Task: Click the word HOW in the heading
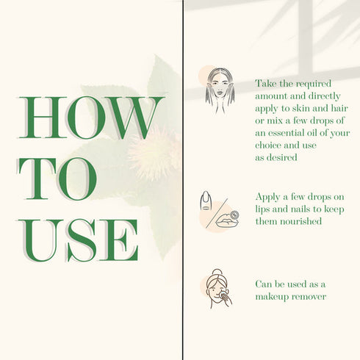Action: [x=90, y=118]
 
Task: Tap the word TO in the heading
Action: [x=57, y=179]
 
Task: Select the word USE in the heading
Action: [x=78, y=240]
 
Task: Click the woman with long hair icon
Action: [x=220, y=90]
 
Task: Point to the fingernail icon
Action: [x=205, y=201]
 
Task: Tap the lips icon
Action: [x=227, y=220]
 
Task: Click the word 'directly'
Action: [x=324, y=96]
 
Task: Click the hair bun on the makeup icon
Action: [x=217, y=273]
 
